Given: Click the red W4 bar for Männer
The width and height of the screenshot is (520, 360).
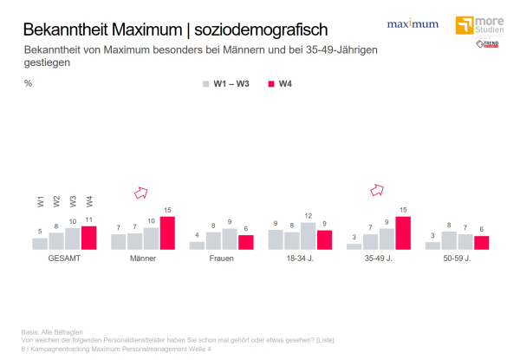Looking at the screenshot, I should coord(167,232).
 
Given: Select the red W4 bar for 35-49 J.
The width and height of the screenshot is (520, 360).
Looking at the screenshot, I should coord(403,232).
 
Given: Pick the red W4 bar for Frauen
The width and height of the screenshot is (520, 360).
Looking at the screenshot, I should coord(246,242).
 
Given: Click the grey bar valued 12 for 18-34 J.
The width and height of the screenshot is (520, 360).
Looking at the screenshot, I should coord(308,236).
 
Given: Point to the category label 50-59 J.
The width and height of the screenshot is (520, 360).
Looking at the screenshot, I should coord(457,259).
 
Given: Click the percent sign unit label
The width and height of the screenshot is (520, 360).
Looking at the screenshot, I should coord(28,84).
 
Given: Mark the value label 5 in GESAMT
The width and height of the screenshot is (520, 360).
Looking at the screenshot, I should coord(40,232).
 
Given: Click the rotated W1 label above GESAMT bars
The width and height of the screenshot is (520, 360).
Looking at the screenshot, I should coord(41,201).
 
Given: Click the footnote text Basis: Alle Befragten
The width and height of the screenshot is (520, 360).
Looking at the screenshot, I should coord(51,331).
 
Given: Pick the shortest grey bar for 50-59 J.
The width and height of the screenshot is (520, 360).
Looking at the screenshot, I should coord(432,245).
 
